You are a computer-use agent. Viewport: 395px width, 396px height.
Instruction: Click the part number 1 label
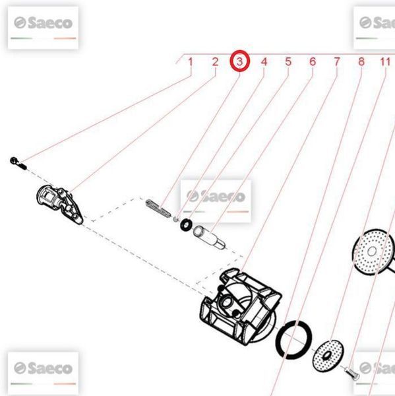[x=191, y=62]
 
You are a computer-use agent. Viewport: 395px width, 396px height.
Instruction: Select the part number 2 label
[x=215, y=62]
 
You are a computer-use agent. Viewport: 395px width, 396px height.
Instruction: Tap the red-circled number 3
[x=239, y=61]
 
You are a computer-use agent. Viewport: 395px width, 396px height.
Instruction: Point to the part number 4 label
[x=264, y=62]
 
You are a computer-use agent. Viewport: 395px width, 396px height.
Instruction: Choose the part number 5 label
[x=288, y=62]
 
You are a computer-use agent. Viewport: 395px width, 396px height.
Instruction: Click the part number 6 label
[x=313, y=62]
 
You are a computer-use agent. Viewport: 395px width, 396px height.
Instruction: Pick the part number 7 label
[x=337, y=62]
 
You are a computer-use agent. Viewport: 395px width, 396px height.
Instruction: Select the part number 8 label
[x=361, y=62]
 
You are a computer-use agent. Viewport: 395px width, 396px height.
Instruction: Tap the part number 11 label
[x=385, y=62]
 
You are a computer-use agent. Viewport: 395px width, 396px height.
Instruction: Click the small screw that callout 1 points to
[x=18, y=163]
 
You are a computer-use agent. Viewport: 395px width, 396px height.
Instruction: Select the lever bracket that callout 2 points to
[x=59, y=204]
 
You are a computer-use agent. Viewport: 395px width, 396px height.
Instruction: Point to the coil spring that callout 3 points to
[x=158, y=209]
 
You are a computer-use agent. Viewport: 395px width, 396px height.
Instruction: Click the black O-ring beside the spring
[x=186, y=224]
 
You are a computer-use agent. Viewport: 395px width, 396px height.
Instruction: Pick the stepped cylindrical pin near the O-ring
[x=209, y=238]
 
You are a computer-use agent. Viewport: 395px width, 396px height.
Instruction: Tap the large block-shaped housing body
[x=241, y=307]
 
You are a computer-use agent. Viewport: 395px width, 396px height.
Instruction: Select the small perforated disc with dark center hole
[x=328, y=356]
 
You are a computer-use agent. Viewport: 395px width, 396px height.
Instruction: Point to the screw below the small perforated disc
[x=352, y=374]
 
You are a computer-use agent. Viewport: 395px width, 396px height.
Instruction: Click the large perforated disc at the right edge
[x=373, y=251]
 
